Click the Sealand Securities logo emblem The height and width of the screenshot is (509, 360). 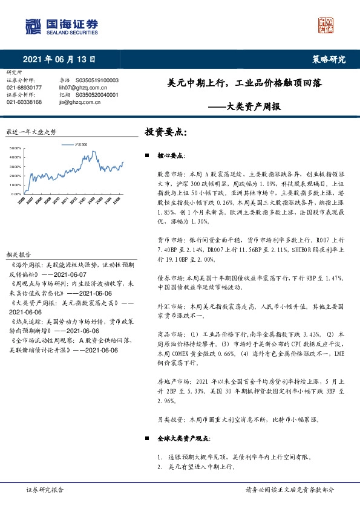point(33,25)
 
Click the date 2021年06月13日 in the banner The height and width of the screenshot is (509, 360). point(59,59)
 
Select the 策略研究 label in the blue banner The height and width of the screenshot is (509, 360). point(329,59)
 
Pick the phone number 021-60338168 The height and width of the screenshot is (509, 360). point(24,102)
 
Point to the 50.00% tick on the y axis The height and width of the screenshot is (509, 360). point(16,148)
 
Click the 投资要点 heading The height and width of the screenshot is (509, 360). point(165,131)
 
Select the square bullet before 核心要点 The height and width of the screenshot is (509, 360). point(148,156)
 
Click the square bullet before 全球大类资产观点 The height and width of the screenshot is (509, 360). point(148,437)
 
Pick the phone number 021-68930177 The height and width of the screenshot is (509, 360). point(24,88)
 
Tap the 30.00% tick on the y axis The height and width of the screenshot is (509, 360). point(16,167)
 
